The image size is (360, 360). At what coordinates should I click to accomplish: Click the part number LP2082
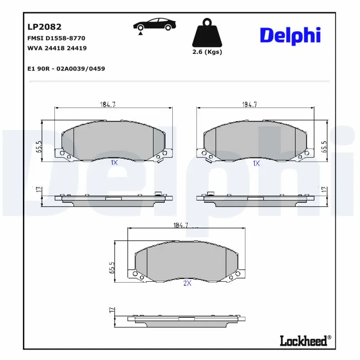click(45, 27)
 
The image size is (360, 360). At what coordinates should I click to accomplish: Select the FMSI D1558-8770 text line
click(56, 38)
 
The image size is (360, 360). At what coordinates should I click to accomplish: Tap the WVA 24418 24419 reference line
click(57, 48)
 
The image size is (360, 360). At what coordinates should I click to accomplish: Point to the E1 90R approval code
click(66, 69)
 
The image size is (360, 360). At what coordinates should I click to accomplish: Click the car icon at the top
click(154, 25)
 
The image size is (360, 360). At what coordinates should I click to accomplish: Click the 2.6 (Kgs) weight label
click(207, 52)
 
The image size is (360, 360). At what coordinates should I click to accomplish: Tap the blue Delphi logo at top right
click(290, 36)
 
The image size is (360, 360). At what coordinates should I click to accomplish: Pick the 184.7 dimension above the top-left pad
click(108, 105)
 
